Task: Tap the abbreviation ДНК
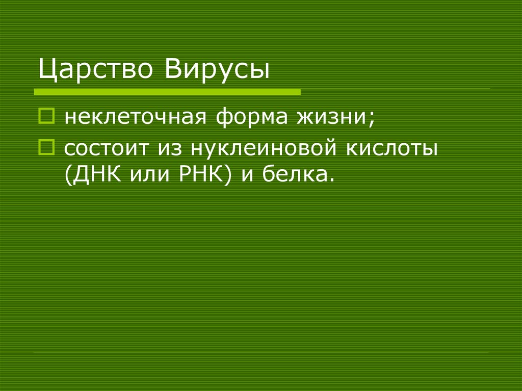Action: pyautogui.click(x=97, y=174)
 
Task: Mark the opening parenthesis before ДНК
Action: pyautogui.click(x=68, y=175)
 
